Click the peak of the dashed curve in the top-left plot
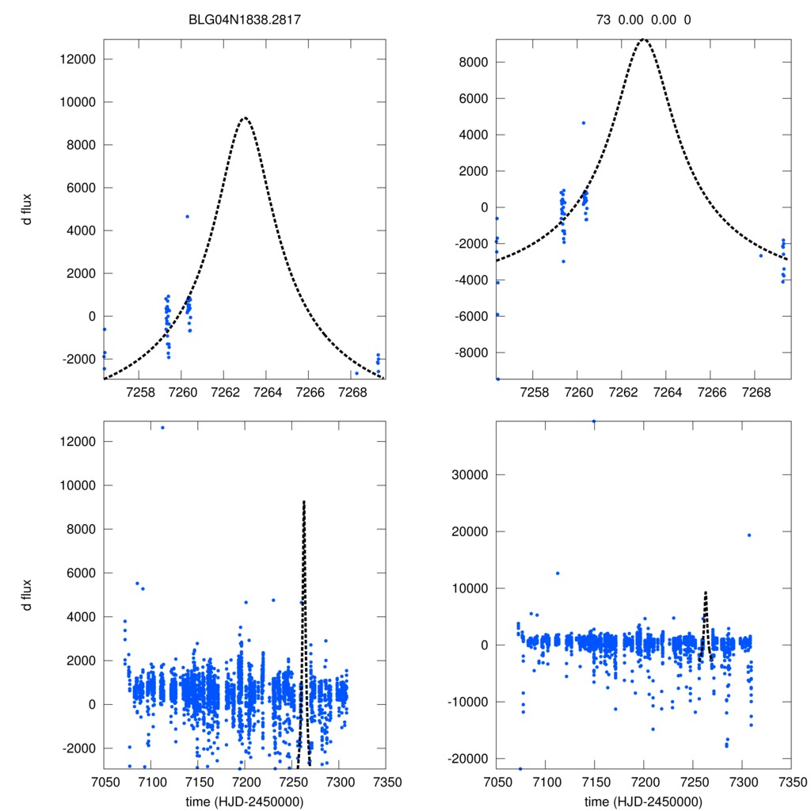click(245, 118)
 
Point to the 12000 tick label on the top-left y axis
click(78, 59)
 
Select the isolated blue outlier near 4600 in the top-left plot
click(187, 216)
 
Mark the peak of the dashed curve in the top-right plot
click(645, 39)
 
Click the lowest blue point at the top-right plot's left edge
click(497, 379)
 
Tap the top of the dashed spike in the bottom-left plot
click(303, 502)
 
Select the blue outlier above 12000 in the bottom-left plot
click(162, 428)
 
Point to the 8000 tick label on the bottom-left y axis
click(81, 529)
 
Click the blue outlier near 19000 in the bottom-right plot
click(748, 535)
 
